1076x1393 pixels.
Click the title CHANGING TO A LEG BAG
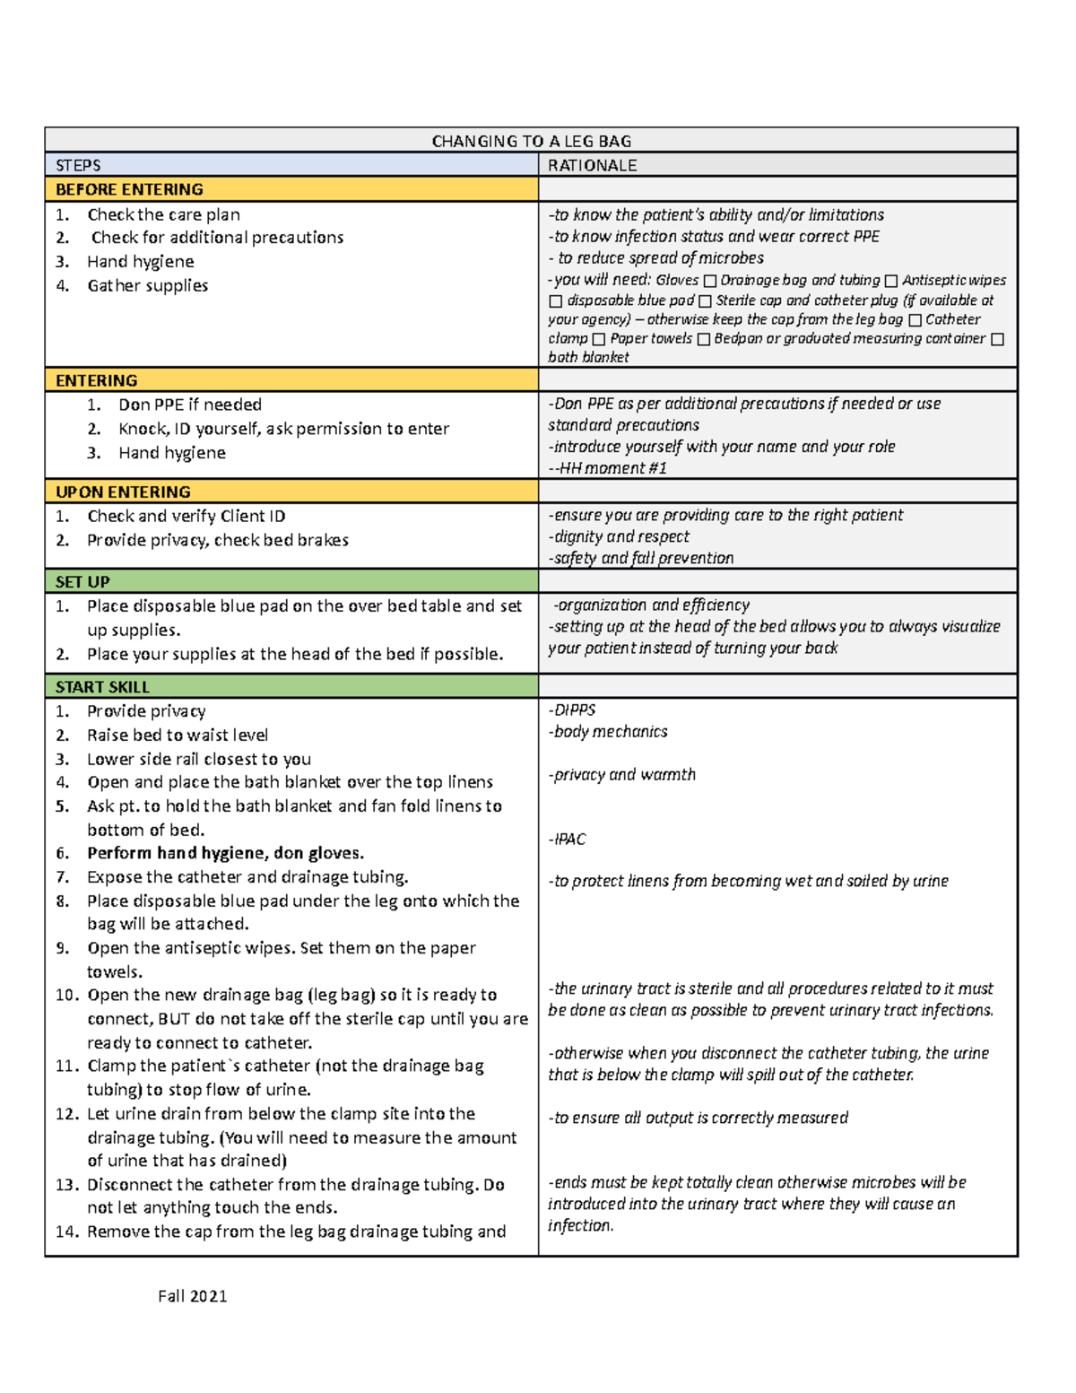click(x=531, y=141)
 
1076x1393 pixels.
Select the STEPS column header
click(x=78, y=165)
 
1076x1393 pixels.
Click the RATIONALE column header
click(x=592, y=165)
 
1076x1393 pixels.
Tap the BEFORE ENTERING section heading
click(x=129, y=189)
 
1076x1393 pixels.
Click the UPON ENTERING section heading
click(x=123, y=492)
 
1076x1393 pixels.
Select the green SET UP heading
click(x=82, y=581)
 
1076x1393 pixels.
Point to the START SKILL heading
click(x=102, y=687)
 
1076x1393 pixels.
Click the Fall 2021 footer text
click(x=192, y=1295)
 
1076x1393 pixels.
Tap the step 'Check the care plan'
click(x=163, y=214)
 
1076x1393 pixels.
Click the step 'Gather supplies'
click(x=147, y=285)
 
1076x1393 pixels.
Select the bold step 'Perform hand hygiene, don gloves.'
click(x=225, y=853)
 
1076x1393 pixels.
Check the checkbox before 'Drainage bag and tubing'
click(x=709, y=282)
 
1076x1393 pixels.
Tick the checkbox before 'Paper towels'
click(x=599, y=340)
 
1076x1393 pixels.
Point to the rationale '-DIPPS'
click(x=572, y=710)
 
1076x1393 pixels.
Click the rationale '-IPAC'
click(x=567, y=839)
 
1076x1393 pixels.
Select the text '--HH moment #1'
click(x=607, y=467)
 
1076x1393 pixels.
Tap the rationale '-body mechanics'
click(x=608, y=731)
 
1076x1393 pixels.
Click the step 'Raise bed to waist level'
click(x=177, y=735)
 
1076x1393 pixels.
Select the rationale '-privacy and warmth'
click(x=622, y=774)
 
